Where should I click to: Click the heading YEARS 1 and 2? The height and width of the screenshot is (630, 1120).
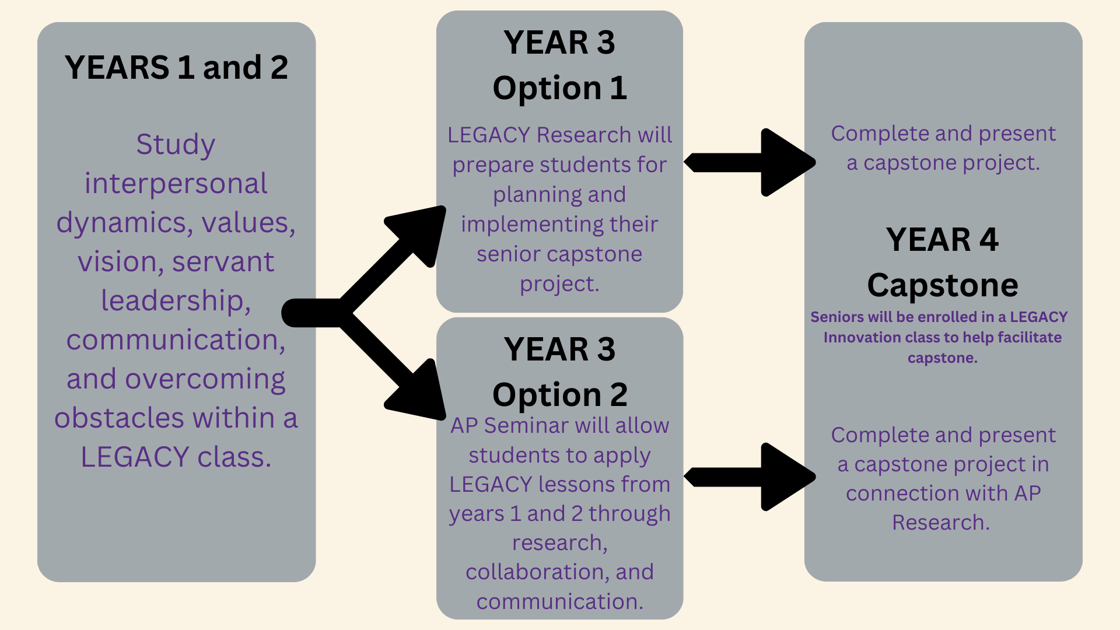176,67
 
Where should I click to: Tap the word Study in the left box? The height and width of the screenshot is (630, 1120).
176,145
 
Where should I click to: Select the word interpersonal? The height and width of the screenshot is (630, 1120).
176,184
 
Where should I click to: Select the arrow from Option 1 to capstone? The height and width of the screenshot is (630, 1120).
750,162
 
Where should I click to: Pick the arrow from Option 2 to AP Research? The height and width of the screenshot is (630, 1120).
750,477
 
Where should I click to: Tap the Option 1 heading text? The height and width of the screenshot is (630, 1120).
559,88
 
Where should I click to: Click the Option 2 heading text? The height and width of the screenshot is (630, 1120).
559,395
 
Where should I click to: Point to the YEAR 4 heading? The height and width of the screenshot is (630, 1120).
942,240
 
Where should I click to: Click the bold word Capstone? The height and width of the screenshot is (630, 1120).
943,285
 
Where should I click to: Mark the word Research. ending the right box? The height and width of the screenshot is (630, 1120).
941,523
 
